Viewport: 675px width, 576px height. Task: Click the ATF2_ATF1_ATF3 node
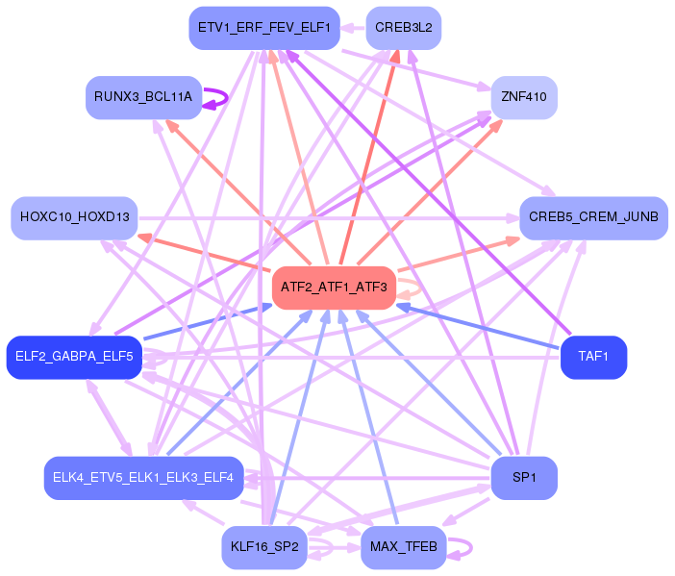coord(334,288)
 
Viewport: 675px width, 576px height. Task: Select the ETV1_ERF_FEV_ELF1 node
coord(262,28)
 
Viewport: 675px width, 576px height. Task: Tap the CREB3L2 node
coord(404,28)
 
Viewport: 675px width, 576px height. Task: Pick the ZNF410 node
coord(524,97)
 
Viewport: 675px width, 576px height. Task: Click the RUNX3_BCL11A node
coord(143,97)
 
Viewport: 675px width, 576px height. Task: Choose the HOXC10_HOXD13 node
coord(75,218)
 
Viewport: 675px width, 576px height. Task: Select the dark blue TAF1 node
coord(593,357)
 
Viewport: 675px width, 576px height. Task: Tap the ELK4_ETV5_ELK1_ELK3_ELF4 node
coord(143,478)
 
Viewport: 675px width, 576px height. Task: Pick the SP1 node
coord(524,478)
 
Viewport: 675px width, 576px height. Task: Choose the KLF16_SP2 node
coord(264,547)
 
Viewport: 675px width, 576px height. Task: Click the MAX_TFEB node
coord(404,547)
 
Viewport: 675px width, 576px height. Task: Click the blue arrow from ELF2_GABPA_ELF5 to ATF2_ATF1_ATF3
coord(207,322)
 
